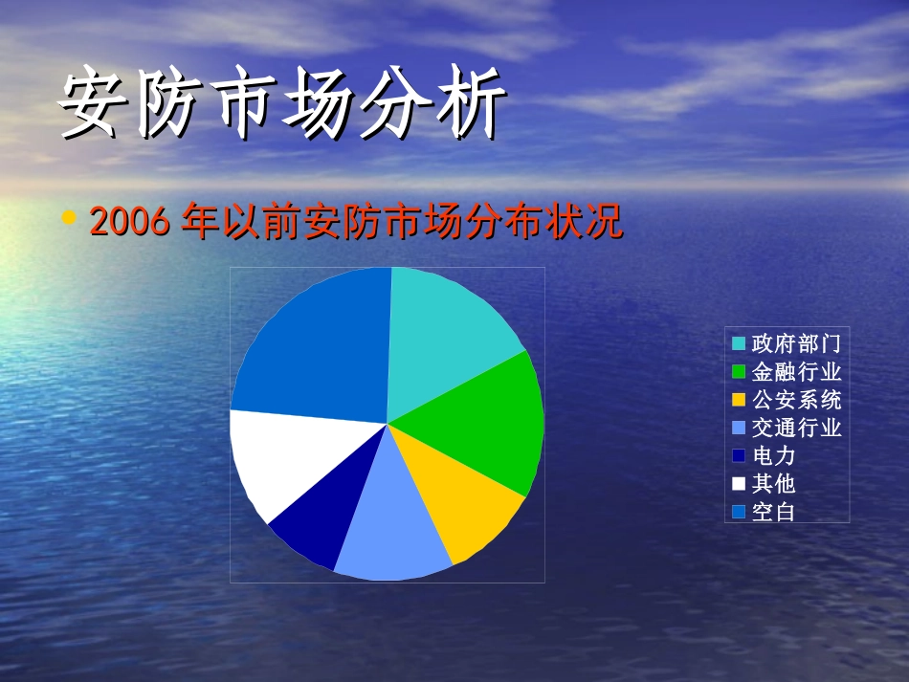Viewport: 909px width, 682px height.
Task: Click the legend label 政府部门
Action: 796,343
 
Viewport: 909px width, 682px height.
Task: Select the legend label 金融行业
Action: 796,371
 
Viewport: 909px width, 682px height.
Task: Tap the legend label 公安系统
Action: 796,400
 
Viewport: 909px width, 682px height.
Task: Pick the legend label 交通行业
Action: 796,428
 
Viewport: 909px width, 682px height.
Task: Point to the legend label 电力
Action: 773,455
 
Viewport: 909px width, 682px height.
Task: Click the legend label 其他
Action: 773,483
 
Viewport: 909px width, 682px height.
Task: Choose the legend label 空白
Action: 773,512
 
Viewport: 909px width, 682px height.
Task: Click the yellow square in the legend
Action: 739,400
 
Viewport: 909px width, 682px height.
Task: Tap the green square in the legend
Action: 739,371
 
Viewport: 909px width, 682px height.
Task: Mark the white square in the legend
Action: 739,483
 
